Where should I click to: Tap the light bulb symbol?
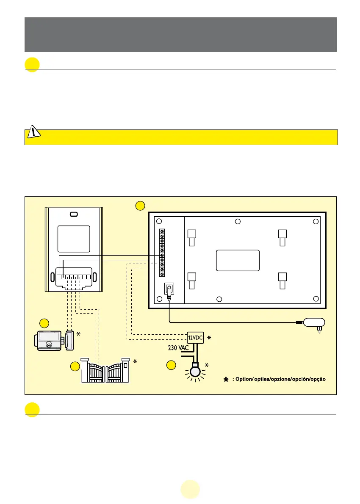point(196,371)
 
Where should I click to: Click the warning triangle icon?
point(33,132)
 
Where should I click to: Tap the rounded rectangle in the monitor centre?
point(238,260)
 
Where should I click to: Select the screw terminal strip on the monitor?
point(162,253)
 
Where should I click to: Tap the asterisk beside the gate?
point(135,362)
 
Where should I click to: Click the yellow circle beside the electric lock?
point(44,323)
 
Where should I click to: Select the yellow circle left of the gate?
point(75,366)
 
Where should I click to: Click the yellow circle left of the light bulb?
point(171,365)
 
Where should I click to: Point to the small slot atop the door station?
point(73,214)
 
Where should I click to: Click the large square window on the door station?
point(74,239)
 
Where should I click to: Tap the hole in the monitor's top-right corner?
point(315,221)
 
